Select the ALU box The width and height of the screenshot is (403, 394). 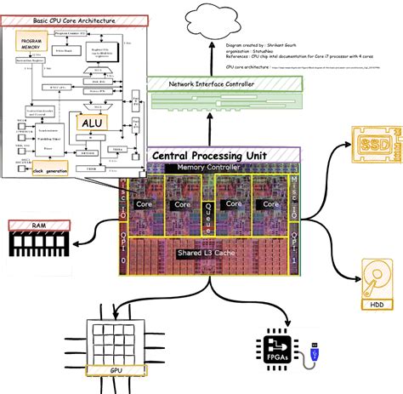(91, 123)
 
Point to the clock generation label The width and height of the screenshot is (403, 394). (50, 170)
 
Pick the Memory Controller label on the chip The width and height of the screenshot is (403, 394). (208, 168)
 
